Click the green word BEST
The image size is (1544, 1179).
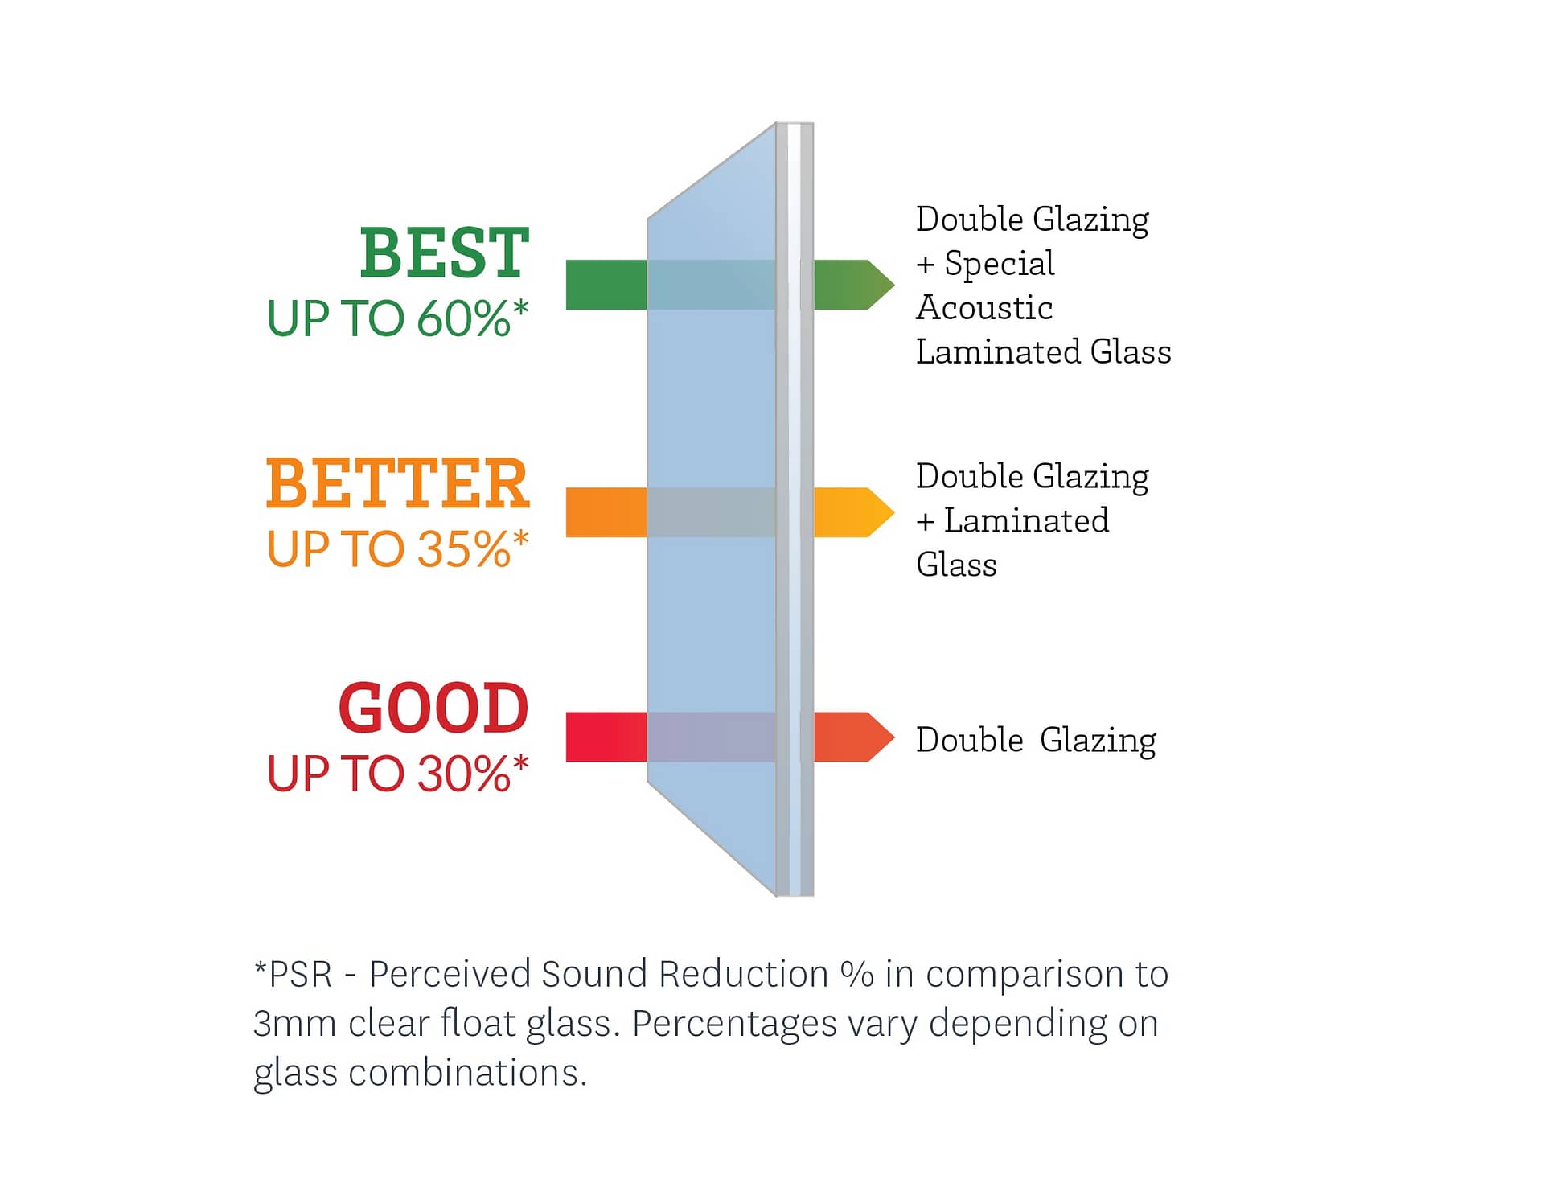pyautogui.click(x=444, y=253)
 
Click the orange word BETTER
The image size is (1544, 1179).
pyautogui.click(x=397, y=483)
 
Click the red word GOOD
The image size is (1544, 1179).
pyautogui.click(x=433, y=708)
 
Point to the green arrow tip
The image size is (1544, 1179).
pyautogui.click(x=894, y=285)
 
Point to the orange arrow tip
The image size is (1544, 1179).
pyautogui.click(x=894, y=512)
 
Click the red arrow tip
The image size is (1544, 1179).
pyautogui.click(x=894, y=737)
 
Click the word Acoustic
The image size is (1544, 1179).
pyautogui.click(x=984, y=308)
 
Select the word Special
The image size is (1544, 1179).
pyautogui.click(x=1000, y=264)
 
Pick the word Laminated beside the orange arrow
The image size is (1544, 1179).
pyautogui.click(x=1026, y=520)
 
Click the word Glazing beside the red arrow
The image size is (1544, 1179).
pyautogui.click(x=1098, y=741)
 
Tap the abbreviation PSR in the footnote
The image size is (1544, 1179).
pyautogui.click(x=301, y=974)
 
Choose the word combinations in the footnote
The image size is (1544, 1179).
pyautogui.click(x=468, y=1073)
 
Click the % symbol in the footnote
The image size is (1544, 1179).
pyautogui.click(x=857, y=974)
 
